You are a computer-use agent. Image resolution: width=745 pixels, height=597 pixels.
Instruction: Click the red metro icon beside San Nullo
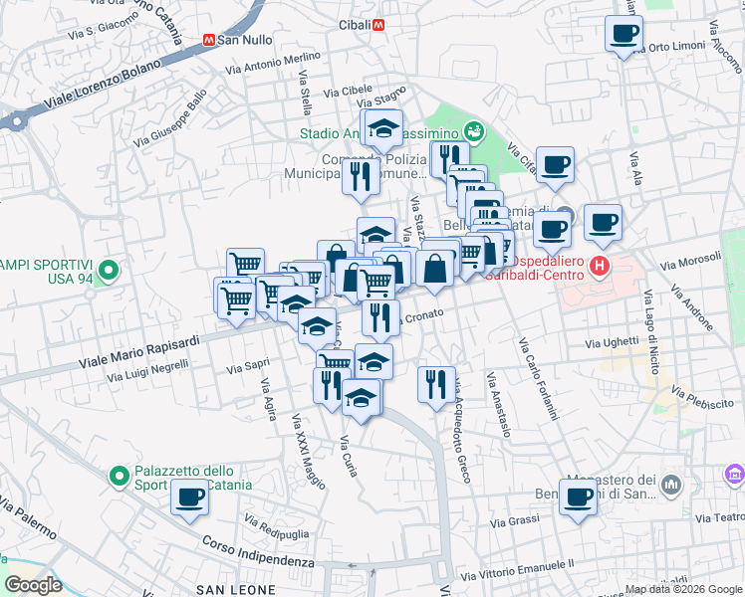208,41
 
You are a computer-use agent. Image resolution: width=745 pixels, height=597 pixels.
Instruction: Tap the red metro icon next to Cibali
377,25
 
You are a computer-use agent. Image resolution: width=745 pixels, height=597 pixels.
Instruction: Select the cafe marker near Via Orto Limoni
624,34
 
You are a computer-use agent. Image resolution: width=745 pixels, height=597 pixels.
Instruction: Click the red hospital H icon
599,266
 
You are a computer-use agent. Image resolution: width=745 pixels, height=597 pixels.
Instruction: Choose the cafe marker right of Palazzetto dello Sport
189,497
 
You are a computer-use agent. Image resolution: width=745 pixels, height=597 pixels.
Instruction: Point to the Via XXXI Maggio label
308,453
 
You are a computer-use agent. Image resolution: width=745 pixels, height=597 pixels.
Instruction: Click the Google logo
34,585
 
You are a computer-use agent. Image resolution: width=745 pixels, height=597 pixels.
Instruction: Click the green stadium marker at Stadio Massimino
474,130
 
